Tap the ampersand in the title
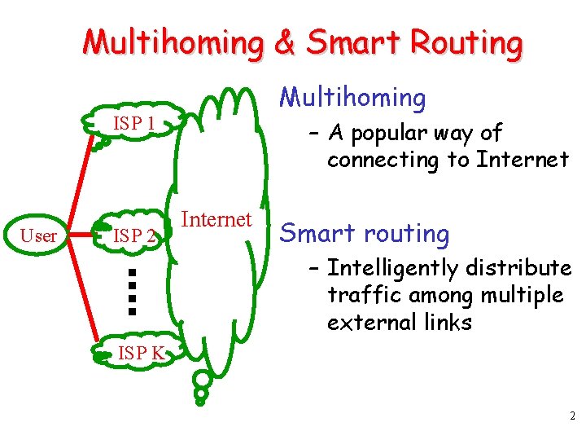coord(285,43)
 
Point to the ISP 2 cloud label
coord(134,236)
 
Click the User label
coord(38,236)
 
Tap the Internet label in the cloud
coord(216,219)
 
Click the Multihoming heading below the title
coord(352,98)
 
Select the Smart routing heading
coord(364,234)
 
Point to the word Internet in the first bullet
coord(523,160)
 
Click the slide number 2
coord(572,416)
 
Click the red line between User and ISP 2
coord(85,236)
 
